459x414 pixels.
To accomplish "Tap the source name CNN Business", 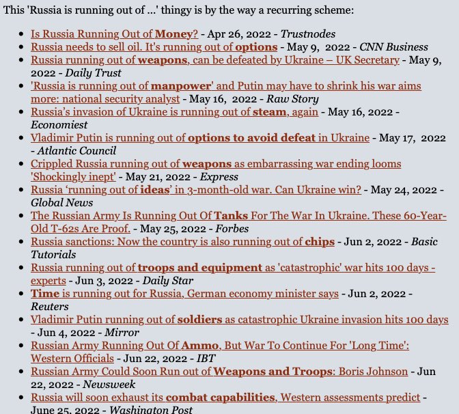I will [x=394, y=47].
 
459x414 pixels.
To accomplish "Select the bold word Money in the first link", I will [x=176, y=33].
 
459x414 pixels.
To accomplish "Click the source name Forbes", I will [x=233, y=229].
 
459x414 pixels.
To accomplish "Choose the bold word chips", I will [x=320, y=242].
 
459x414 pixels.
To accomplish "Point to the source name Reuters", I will [x=50, y=307].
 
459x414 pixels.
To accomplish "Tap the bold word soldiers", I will [x=200, y=320].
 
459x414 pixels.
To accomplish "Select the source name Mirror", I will [x=122, y=333].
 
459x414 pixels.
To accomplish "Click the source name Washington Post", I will [x=151, y=411].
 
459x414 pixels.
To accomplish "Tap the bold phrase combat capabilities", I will [x=227, y=398].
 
